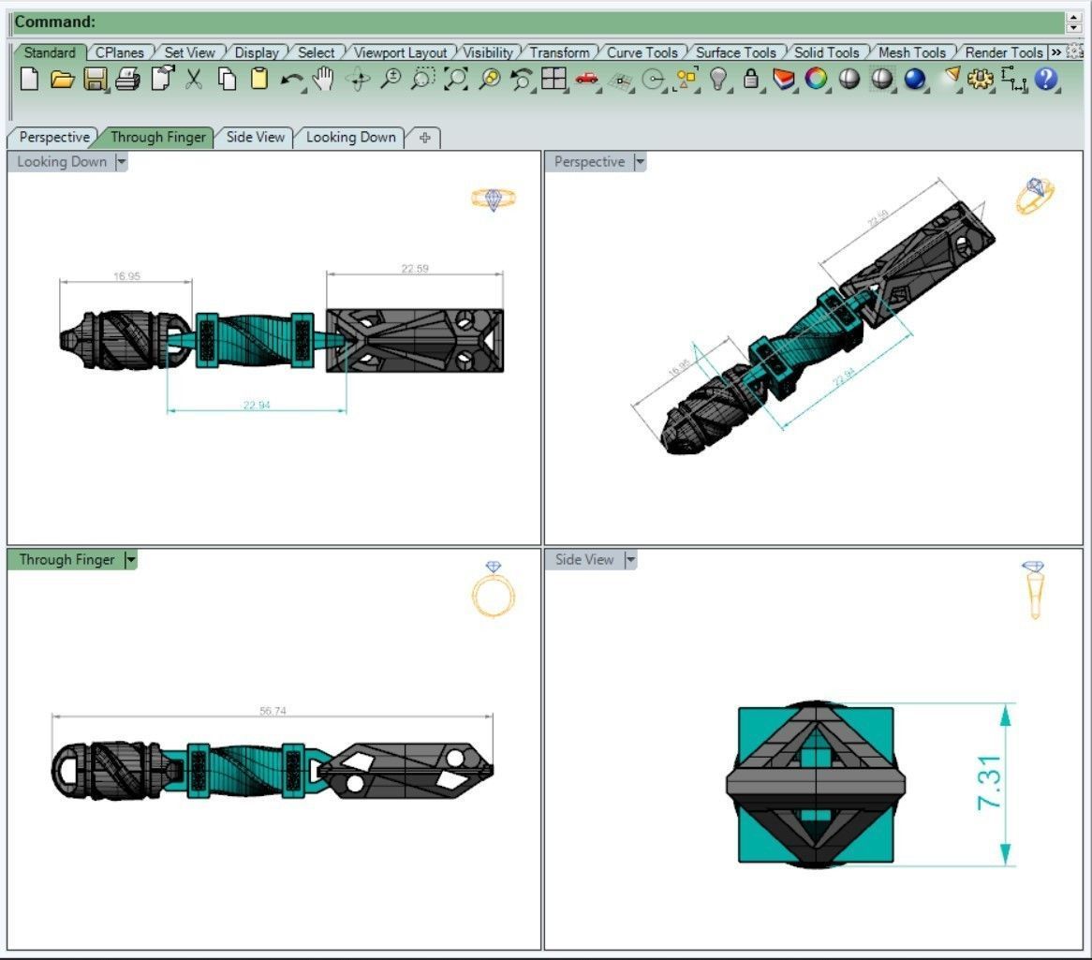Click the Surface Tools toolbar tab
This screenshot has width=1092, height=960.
coord(735,52)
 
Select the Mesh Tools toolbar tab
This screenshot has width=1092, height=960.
coord(911,52)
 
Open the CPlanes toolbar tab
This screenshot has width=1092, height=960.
coord(120,52)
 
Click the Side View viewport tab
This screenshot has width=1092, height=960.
coord(255,137)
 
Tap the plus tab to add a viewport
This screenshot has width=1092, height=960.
coord(424,138)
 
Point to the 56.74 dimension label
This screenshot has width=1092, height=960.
coord(272,711)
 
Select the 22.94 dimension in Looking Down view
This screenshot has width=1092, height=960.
coord(257,405)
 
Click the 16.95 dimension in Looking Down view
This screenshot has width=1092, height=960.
coord(126,276)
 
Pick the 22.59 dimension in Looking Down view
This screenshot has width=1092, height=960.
coord(415,269)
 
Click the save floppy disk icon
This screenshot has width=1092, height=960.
coord(95,80)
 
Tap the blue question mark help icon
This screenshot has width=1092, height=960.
coord(1045,80)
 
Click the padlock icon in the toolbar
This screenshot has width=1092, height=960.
coord(750,80)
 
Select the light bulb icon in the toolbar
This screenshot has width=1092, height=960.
coord(718,80)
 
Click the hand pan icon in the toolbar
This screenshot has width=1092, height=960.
coord(323,80)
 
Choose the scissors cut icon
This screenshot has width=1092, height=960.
coord(194,80)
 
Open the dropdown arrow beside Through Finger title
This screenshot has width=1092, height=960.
coord(130,560)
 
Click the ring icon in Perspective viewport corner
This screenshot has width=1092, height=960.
coord(1035,196)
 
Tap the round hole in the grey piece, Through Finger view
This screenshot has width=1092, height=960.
coord(355,783)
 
